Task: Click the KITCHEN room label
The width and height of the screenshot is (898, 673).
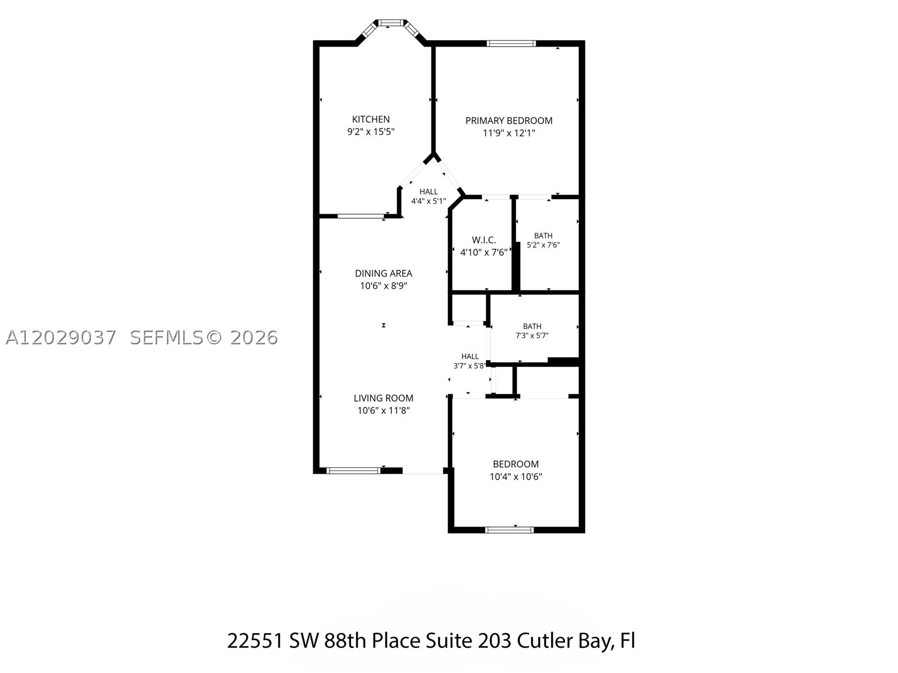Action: [370, 119]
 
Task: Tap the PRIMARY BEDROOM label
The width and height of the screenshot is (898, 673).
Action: [508, 121]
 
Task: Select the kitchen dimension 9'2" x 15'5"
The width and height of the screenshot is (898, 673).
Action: [370, 132]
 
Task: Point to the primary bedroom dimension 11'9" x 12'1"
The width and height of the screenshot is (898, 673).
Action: [508, 133]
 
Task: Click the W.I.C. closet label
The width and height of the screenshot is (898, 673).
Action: [484, 240]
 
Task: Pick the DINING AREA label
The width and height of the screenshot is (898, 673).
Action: [383, 273]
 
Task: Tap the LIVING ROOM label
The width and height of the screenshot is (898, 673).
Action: [383, 398]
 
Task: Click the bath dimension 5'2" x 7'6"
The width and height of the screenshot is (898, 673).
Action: [543, 245]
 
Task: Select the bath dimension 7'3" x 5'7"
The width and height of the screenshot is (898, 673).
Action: [532, 336]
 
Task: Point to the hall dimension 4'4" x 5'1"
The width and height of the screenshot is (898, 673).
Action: [428, 201]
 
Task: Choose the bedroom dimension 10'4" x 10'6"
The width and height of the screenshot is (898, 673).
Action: [515, 477]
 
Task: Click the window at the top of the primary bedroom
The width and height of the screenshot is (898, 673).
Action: [511, 43]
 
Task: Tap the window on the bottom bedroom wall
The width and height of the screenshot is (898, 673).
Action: [510, 530]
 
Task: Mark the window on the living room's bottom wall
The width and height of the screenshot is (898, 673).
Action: [353, 471]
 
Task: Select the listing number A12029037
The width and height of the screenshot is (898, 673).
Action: [61, 338]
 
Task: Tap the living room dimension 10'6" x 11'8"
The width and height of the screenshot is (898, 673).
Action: [383, 411]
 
